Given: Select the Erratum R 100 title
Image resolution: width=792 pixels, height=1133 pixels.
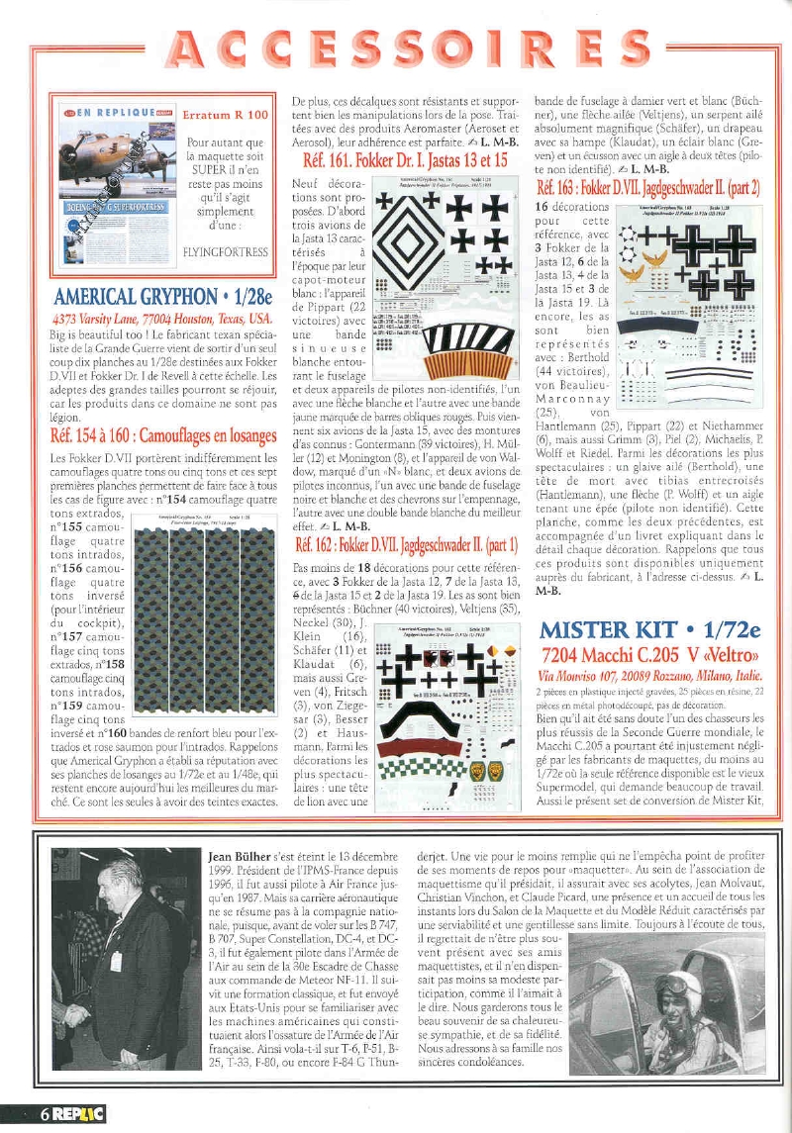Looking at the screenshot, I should coord(225,115).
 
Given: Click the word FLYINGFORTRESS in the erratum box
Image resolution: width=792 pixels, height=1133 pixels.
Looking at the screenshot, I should coord(225,251).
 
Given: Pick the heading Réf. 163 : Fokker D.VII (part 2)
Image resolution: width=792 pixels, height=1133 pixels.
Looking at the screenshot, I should coord(648,187).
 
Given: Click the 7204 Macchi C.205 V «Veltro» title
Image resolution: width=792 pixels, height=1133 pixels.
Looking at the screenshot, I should coord(650,657).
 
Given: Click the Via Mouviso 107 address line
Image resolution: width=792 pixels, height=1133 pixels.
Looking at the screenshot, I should coord(649,676).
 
